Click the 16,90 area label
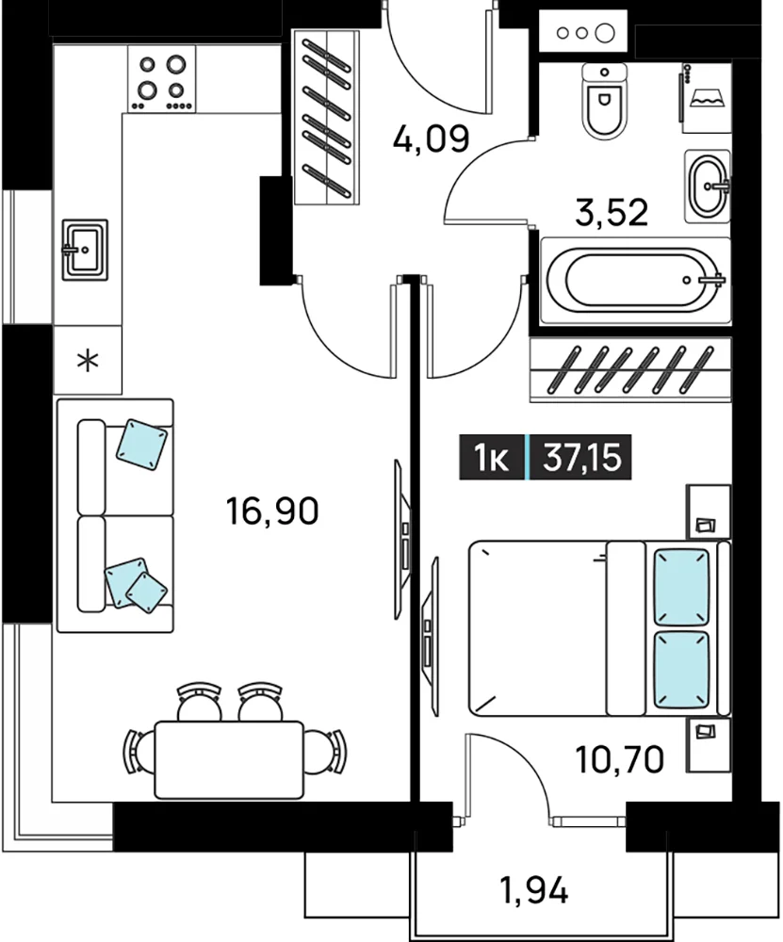coord(272,512)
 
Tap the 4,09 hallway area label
coord(431,139)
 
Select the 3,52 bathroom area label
coord(612,212)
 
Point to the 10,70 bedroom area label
coord(620,759)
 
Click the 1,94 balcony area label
coord(533,890)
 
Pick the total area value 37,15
coord(581,457)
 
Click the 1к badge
coord(492,457)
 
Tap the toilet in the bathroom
coord(605,101)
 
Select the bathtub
coord(636,281)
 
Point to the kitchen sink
coord(86,250)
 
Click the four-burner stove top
coord(161,79)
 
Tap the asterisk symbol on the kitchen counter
coord(89,361)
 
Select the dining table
coord(229,760)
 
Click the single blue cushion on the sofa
coord(142,445)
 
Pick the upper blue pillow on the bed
coord(681,587)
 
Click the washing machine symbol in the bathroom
coord(707,98)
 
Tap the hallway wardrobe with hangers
coord(327,118)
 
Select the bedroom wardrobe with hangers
coord(630,370)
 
